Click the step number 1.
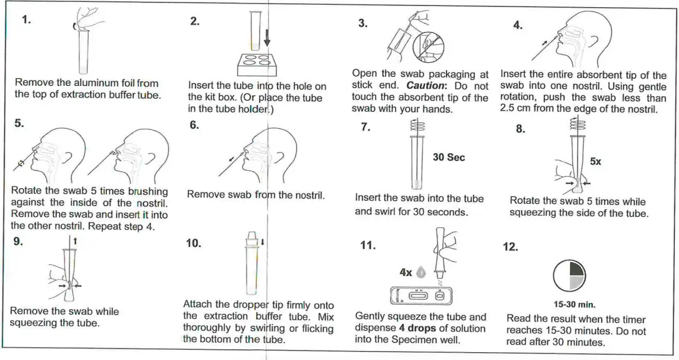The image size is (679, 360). pyautogui.click(x=26, y=19)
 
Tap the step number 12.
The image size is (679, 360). pyautogui.click(x=510, y=248)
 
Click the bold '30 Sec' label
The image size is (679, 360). pyautogui.click(x=449, y=157)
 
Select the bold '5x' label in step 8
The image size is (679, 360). pyautogui.click(x=595, y=162)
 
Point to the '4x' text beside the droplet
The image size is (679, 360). pyautogui.click(x=406, y=272)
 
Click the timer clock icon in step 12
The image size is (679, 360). pyautogui.click(x=568, y=275)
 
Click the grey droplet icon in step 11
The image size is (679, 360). pyautogui.click(x=421, y=273)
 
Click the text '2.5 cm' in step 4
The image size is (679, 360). pyautogui.click(x=517, y=109)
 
